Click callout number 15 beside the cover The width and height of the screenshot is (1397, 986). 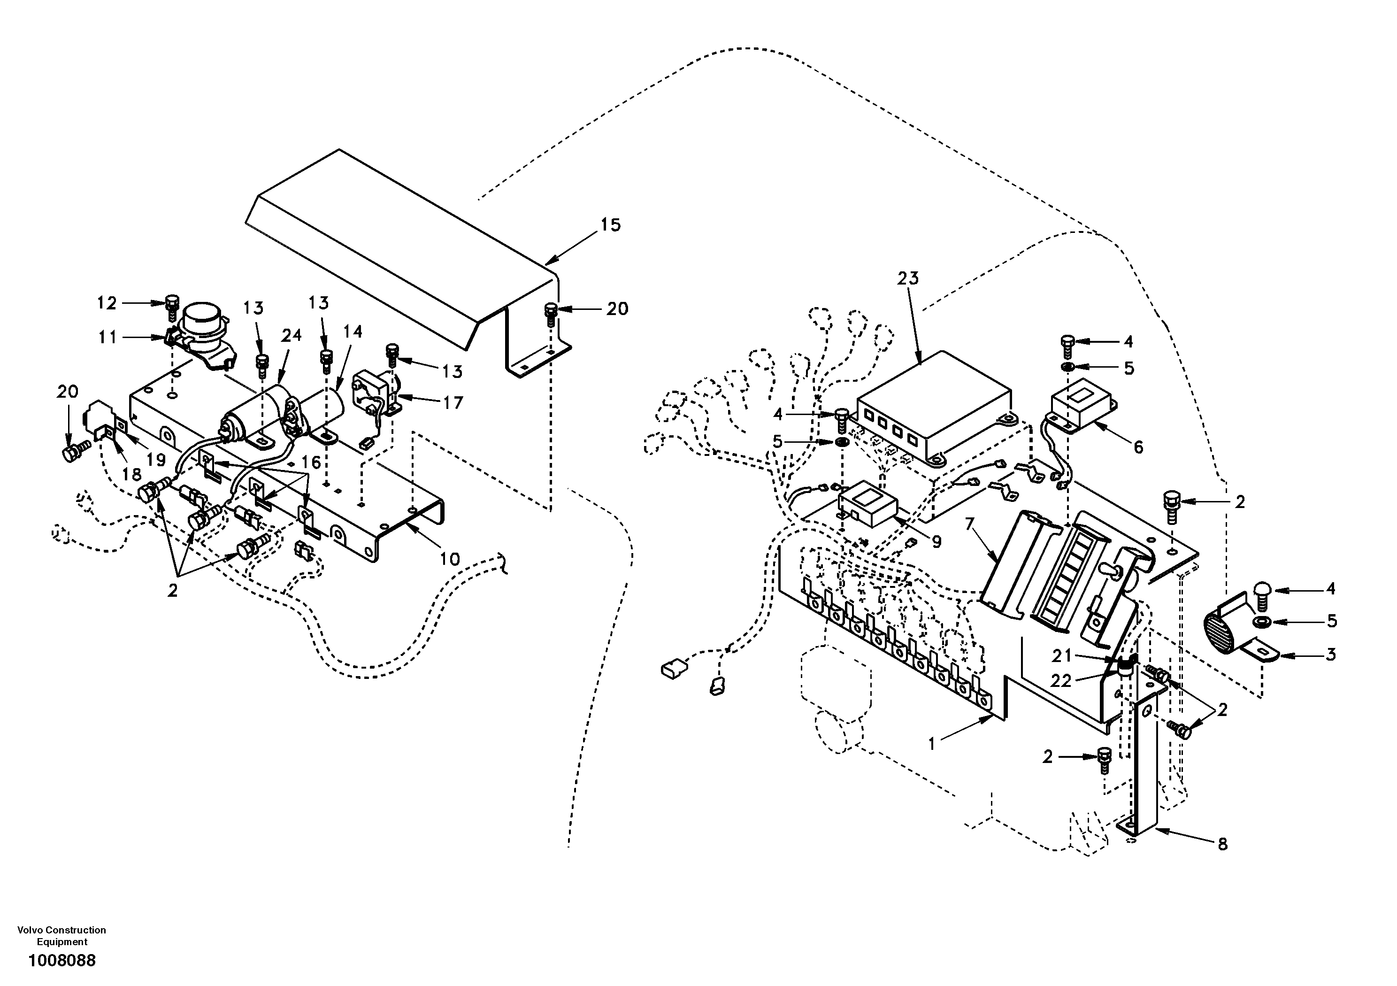click(610, 225)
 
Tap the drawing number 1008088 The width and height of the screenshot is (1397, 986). click(61, 961)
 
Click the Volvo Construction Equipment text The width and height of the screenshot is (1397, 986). click(61, 935)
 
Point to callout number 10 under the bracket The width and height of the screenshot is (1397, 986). click(450, 559)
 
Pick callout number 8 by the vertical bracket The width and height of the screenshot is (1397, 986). click(1222, 844)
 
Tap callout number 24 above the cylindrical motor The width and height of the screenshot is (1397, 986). click(291, 335)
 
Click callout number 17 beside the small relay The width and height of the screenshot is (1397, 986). click(453, 402)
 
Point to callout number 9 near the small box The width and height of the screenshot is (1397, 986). click(936, 541)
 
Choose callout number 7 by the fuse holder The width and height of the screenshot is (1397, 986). click(969, 524)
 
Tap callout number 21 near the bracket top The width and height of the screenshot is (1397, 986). click(1062, 655)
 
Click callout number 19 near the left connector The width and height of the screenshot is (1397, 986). click(156, 460)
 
